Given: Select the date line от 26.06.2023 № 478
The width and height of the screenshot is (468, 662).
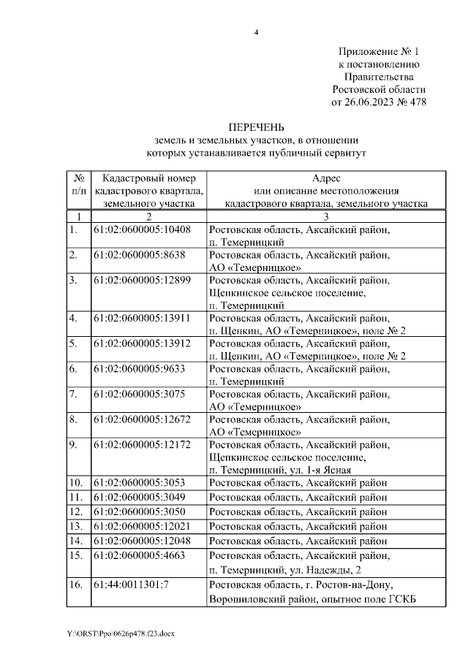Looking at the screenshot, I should click(379, 102).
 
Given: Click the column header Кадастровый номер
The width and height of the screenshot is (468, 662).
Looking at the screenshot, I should click(149, 178).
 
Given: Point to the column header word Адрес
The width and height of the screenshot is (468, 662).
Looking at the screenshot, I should click(326, 178).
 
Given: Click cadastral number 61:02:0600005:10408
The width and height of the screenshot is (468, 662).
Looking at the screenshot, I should click(142, 229).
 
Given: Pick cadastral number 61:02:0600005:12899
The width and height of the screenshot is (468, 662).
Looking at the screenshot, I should click(142, 281).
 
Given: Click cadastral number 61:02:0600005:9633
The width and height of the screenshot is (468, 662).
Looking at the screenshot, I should click(139, 369).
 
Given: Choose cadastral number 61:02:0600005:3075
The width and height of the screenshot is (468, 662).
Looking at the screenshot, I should click(139, 395).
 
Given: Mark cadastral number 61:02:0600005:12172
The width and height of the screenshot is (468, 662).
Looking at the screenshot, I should click(142, 445).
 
